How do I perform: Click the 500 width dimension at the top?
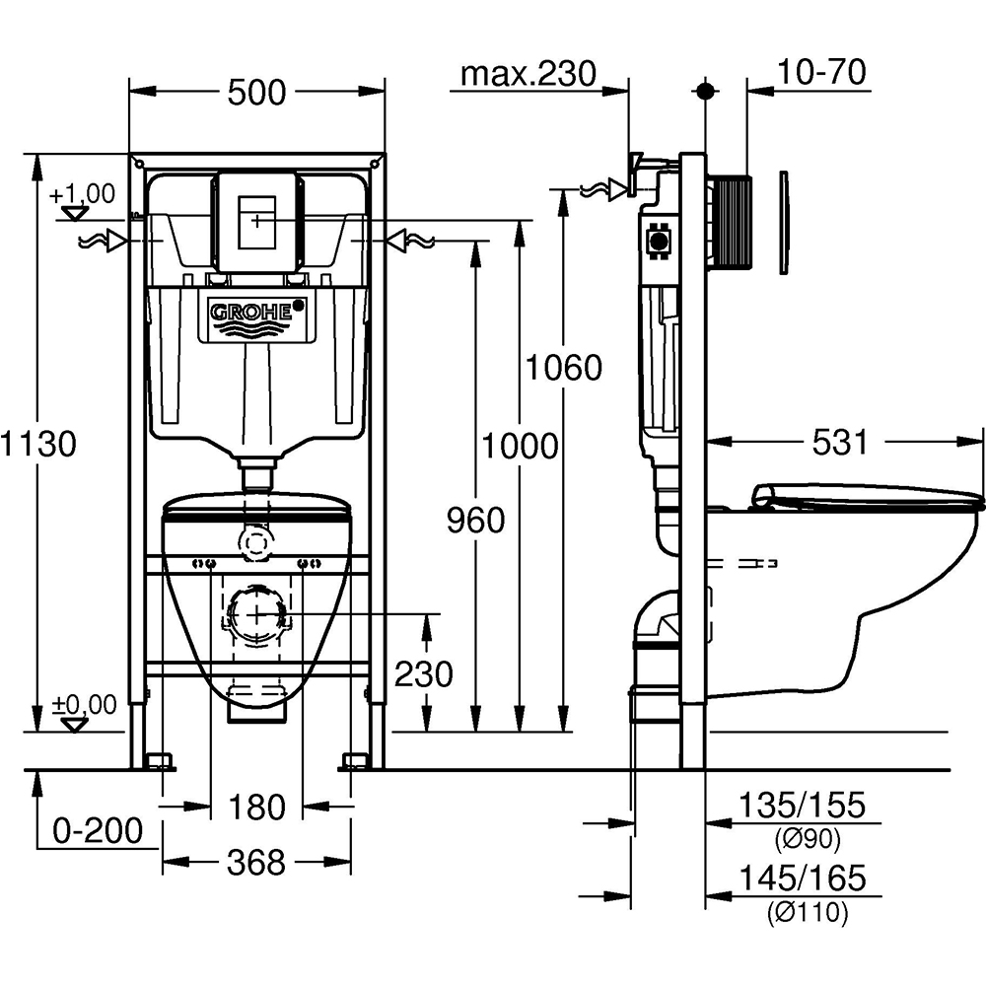tap(256, 93)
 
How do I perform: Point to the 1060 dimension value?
tap(563, 368)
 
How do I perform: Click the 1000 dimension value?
tap(520, 446)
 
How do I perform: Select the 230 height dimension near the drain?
tap(424, 674)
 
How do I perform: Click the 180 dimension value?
tap(257, 808)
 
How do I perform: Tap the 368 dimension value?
tap(256, 863)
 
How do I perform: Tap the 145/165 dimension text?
tap(804, 878)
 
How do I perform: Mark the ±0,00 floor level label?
tap(84, 704)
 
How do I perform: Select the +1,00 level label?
tap(83, 192)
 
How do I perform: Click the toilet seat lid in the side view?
tap(868, 495)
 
